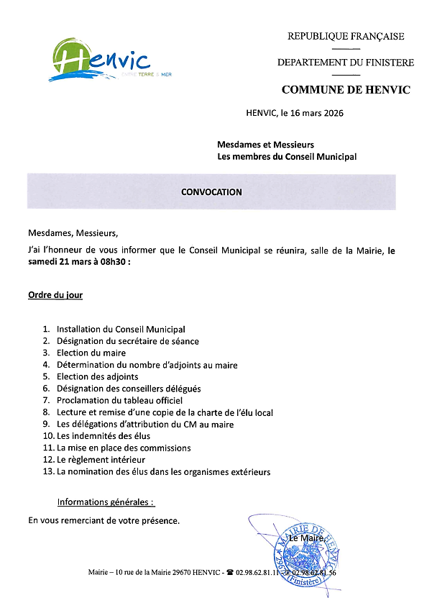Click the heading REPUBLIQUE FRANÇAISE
346,37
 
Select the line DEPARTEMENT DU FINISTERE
346,63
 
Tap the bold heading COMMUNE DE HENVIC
346,90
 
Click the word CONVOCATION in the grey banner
211,192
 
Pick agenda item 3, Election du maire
91,353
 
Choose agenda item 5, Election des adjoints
97,376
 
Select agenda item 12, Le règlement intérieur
101,459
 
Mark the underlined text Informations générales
105,502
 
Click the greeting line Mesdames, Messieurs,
72,233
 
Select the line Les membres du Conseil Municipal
287,156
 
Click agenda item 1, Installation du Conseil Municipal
121,329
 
